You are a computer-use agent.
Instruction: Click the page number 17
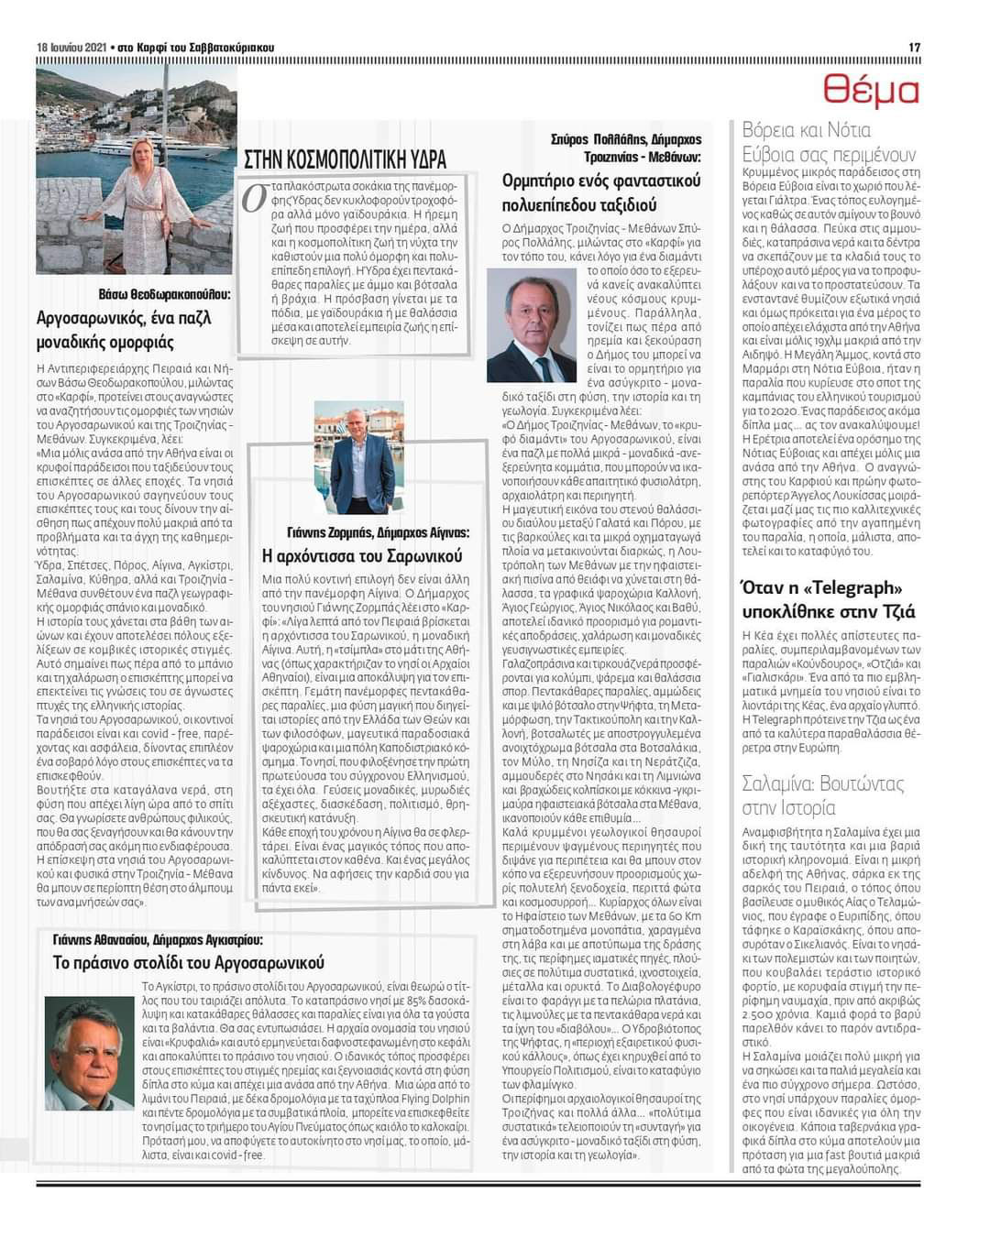(x=914, y=48)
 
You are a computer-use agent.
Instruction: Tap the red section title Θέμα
(x=870, y=91)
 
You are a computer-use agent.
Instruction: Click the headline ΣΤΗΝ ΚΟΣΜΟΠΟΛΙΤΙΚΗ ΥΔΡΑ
(x=345, y=159)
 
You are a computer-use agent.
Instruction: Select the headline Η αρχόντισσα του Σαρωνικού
(x=362, y=556)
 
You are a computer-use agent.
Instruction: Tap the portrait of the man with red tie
(x=531, y=325)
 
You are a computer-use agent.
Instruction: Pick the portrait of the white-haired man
(x=89, y=1053)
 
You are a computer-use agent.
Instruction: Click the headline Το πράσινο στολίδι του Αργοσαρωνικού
(x=189, y=963)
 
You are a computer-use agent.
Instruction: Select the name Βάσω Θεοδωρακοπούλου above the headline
(x=165, y=295)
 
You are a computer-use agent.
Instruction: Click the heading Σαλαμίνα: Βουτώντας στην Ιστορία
(x=822, y=795)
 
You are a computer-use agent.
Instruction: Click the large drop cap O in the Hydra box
(x=254, y=199)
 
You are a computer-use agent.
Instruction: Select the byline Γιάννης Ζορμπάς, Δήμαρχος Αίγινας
(x=378, y=532)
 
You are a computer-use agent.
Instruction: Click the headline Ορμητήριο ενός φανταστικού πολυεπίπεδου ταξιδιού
(x=600, y=192)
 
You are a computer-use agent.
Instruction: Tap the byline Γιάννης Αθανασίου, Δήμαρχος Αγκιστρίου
(x=158, y=940)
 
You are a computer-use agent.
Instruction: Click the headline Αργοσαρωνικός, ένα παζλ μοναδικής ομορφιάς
(x=124, y=330)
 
